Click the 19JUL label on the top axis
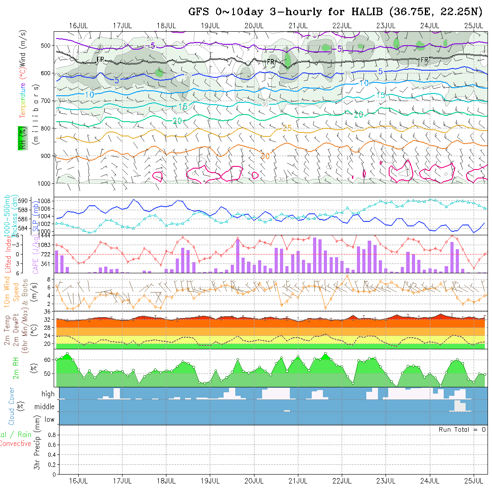[x=210, y=25]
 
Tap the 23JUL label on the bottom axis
[x=386, y=481]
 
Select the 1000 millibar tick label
[x=45, y=183]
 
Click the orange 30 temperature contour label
[x=265, y=156]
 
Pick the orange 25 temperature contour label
[x=287, y=128]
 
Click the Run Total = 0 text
[x=462, y=429]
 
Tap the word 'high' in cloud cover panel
[x=48, y=394]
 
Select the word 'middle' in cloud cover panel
[x=45, y=407]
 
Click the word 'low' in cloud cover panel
[x=49, y=420]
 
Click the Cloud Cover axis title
[x=12, y=406]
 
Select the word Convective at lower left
[x=16, y=444]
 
